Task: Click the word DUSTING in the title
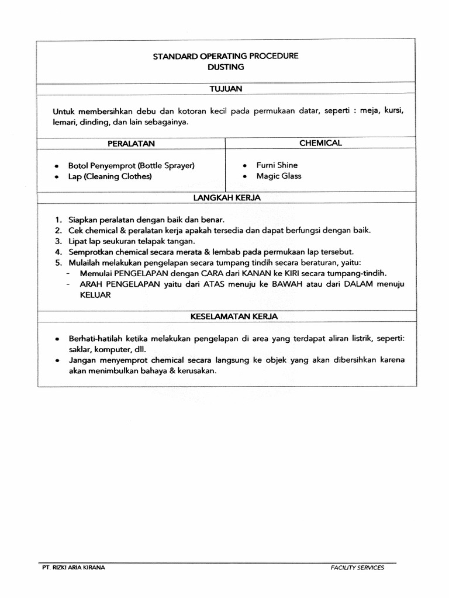(226, 67)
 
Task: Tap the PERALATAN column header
(131, 143)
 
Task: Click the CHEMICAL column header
(320, 142)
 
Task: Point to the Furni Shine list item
(277, 165)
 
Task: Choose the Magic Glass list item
(279, 176)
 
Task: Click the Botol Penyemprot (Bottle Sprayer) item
(131, 166)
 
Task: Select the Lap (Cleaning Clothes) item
(110, 176)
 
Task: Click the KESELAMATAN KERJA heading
(226, 317)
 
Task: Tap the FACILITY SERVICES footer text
(357, 567)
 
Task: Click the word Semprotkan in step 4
(91, 252)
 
